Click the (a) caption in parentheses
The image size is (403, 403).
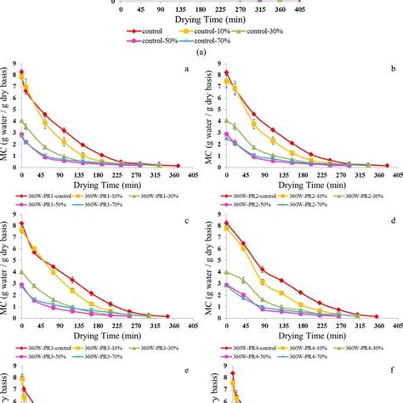tap(201, 50)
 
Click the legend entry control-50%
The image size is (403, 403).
tap(57, 40)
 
